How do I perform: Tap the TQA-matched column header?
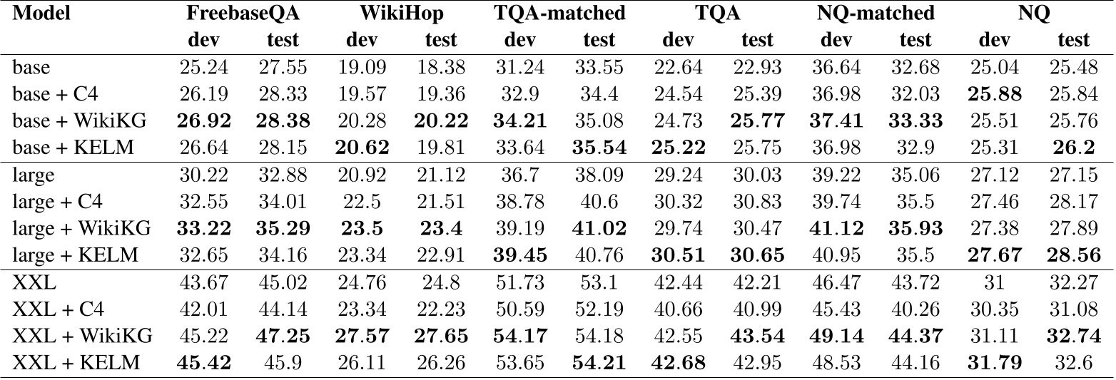coord(559,14)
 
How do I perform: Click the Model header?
coord(42,14)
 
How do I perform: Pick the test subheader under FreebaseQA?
coord(282,40)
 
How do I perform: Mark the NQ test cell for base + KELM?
coord(1074,148)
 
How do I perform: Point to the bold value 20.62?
coord(365,148)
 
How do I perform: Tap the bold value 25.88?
coord(994,95)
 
